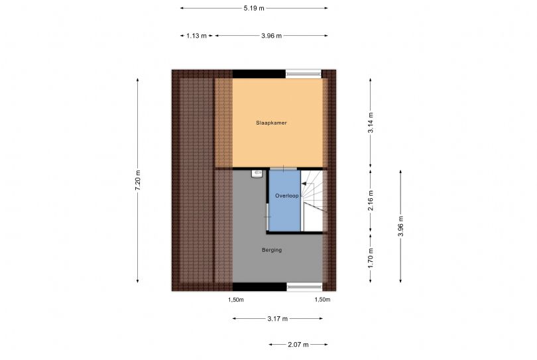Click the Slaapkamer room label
tap(271, 123)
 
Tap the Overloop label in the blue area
tap(286, 196)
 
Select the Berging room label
tap(272, 250)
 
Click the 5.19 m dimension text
tap(254, 8)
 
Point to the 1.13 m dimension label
tap(197, 36)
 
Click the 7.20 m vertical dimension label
tap(138, 180)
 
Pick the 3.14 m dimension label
tap(371, 123)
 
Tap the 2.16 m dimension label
tap(371, 201)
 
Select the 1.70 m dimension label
tap(371, 259)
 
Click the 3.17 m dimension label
tap(277, 319)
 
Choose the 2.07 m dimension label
tap(298, 345)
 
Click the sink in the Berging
tap(257, 174)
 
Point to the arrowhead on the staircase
tap(304, 184)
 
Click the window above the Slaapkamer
tap(304, 73)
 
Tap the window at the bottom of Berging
tap(304, 286)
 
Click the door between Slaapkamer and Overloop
tap(283, 168)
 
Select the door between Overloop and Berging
tap(268, 217)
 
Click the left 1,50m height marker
tap(236, 300)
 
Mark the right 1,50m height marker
tap(323, 300)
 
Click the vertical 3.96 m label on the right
tap(400, 226)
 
